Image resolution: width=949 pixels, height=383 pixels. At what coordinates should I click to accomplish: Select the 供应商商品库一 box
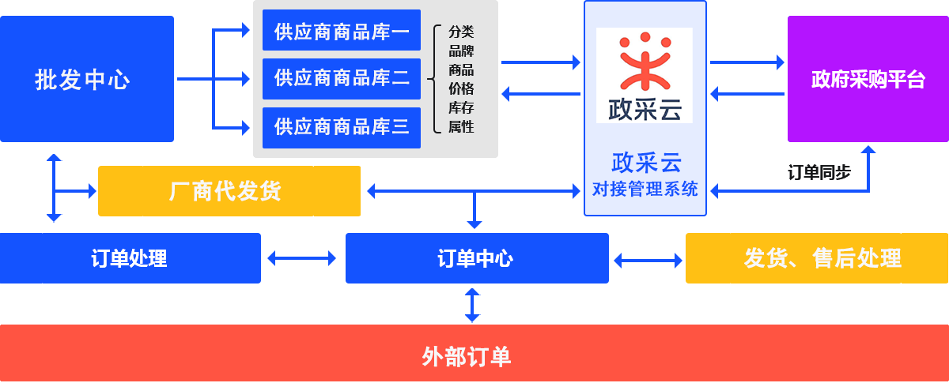(341, 32)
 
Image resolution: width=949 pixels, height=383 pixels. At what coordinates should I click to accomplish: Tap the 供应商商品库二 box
(341, 79)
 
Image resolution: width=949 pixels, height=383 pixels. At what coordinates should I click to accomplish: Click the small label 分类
(461, 32)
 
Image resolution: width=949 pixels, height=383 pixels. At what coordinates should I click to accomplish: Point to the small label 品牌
(461, 51)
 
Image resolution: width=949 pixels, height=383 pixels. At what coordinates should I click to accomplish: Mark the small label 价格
(461, 88)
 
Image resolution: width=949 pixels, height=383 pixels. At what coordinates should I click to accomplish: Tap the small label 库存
(461, 107)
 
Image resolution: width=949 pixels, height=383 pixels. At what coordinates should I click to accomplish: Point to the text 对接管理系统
(645, 190)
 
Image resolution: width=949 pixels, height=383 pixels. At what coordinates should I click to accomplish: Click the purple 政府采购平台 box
(868, 79)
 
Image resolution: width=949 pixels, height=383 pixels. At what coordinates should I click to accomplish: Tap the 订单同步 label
(819, 172)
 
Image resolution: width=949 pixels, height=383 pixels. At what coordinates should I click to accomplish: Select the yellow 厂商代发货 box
(229, 190)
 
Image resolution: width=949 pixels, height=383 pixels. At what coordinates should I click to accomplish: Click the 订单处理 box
(130, 258)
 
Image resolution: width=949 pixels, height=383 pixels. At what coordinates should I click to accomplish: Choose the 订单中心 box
(476, 258)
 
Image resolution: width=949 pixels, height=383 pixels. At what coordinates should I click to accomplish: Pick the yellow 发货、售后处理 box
(816, 258)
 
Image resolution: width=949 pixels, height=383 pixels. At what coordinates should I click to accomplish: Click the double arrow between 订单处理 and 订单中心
(302, 258)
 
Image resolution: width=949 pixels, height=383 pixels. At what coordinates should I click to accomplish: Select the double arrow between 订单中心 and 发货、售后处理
(648, 260)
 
